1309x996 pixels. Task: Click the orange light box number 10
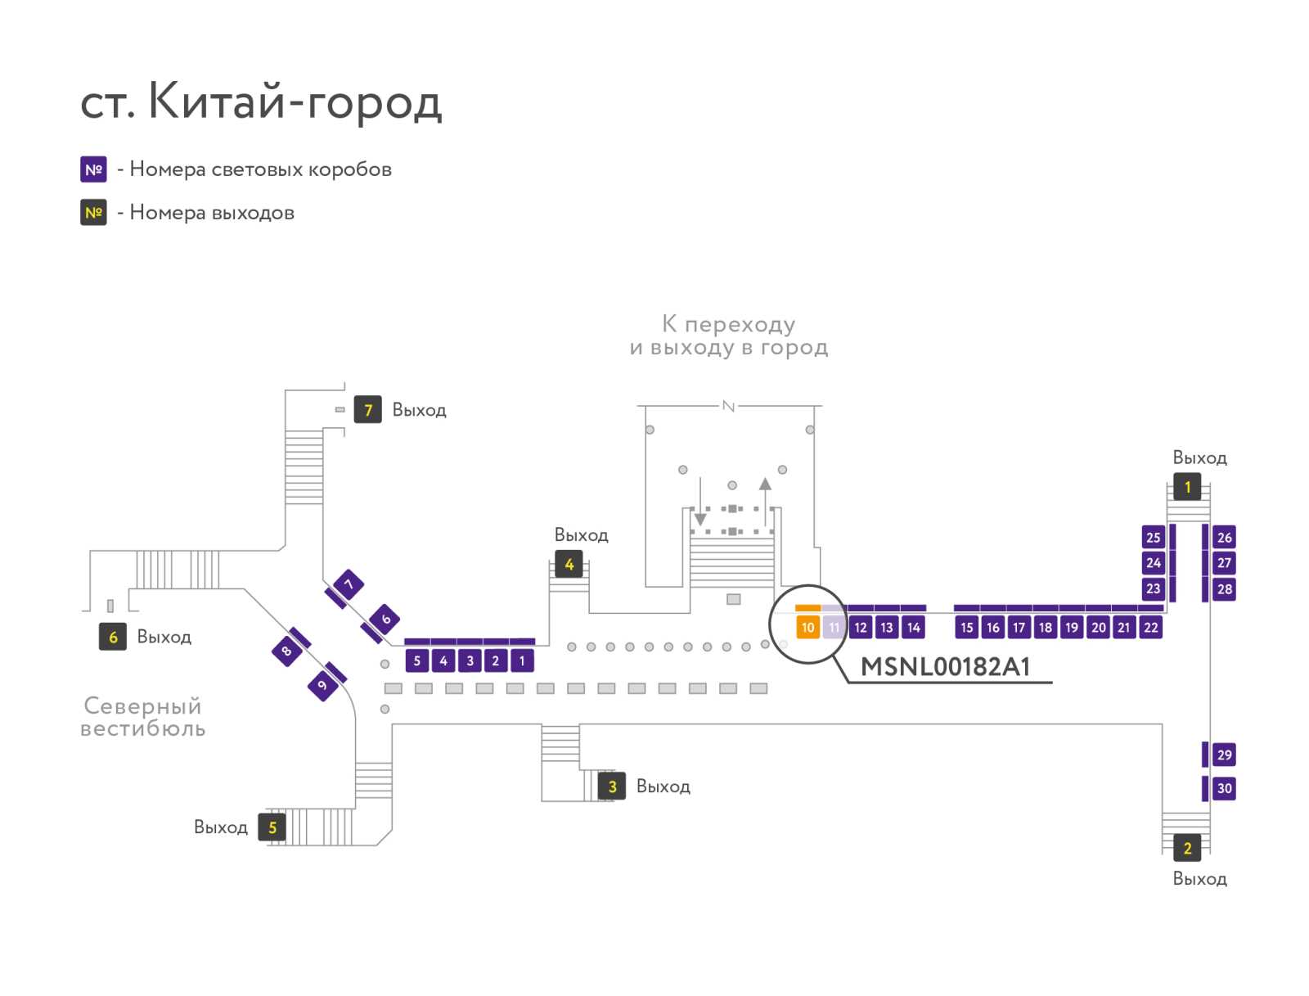[x=807, y=627]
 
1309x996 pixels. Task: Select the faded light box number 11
[x=833, y=627]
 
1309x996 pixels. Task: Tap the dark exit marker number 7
[x=367, y=409]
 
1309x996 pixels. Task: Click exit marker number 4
[x=569, y=564]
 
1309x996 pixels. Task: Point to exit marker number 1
[x=1187, y=487]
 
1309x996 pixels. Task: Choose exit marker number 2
[x=1187, y=848]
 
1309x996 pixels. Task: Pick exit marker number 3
[x=611, y=786]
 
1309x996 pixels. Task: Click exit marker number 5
[x=272, y=827]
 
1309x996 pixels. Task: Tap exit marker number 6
[x=112, y=637]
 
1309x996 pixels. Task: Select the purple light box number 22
[x=1149, y=627]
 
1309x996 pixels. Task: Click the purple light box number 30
[x=1224, y=788]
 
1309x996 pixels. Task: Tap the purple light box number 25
[x=1153, y=537]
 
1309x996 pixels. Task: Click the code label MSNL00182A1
[x=945, y=667]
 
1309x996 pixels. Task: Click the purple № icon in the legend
[x=93, y=169]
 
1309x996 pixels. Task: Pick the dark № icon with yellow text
[x=93, y=212]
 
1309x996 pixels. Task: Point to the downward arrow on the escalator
[x=700, y=501]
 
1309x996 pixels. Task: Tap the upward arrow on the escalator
[x=764, y=501]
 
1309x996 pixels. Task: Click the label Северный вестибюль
[x=142, y=716]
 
